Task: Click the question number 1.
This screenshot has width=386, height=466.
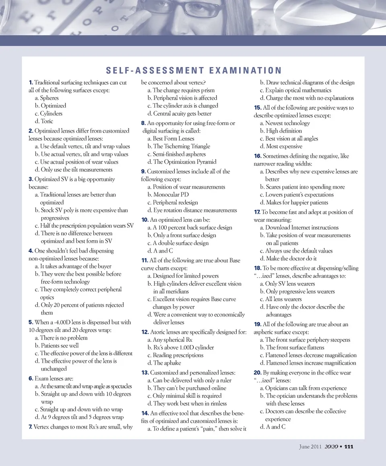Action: click(31, 83)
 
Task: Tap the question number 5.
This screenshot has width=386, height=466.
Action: click(31, 322)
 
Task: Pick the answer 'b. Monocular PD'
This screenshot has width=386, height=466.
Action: click(168, 195)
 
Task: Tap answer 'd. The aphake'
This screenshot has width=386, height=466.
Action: click(163, 363)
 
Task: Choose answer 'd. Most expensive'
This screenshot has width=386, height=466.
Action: click(281, 147)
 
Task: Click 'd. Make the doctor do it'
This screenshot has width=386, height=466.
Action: click(288, 259)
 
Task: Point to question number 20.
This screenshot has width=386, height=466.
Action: click(258, 373)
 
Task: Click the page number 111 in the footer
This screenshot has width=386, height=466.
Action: click(349, 446)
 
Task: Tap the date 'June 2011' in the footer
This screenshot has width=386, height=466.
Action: click(310, 446)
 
